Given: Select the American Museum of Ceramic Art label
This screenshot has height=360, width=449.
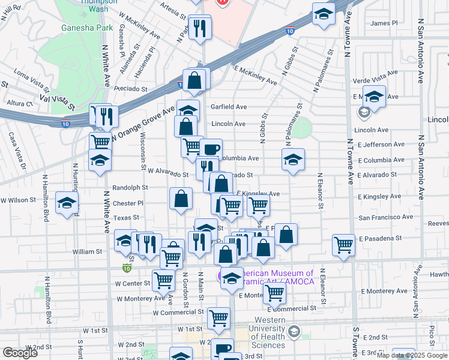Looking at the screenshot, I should click(270, 277).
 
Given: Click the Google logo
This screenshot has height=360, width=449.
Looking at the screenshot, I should click(20, 353).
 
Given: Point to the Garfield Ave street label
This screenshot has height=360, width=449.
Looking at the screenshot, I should click(228, 107).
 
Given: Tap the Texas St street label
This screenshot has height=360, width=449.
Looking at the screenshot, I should click(126, 218).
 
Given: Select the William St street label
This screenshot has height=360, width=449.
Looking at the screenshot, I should click(88, 252).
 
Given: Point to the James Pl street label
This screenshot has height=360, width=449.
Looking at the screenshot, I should click(384, 23).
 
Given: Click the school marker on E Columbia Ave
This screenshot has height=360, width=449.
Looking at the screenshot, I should click(292, 160).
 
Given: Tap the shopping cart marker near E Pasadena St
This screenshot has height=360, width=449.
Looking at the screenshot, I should click(343, 244).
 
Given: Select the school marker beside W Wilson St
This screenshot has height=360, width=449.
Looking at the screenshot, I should click(67, 202).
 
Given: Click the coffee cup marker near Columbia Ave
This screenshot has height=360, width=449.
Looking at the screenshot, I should click(211, 149).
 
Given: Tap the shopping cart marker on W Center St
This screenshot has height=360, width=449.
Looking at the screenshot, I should click(163, 279).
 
